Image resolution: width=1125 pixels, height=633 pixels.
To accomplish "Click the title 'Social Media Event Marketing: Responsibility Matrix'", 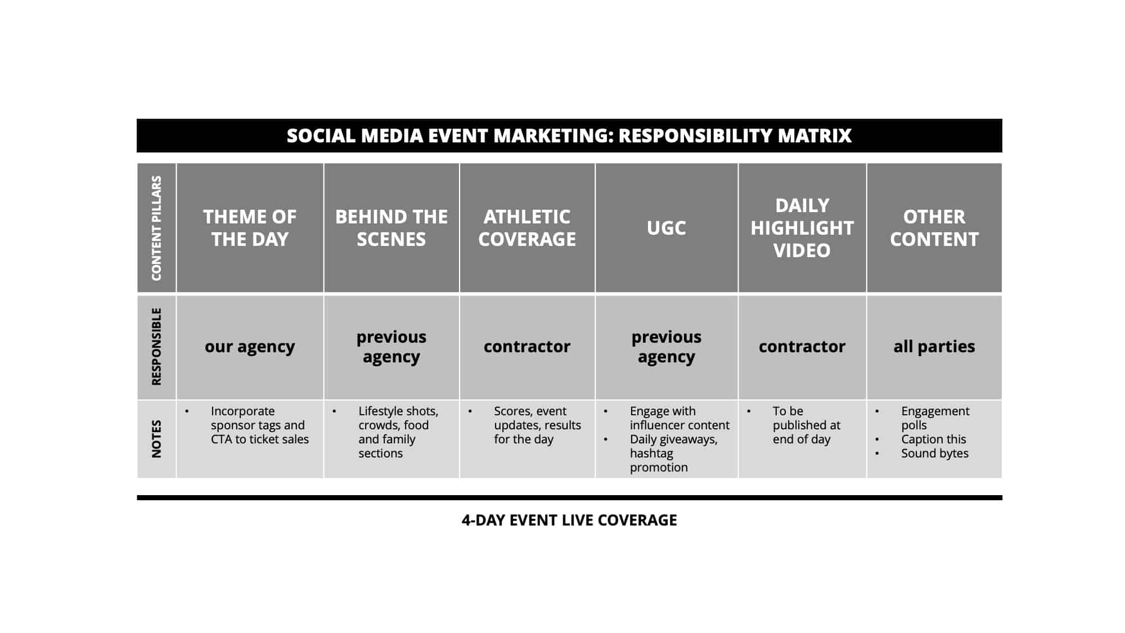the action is (x=569, y=136).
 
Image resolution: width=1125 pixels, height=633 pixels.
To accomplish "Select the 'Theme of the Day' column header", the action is (x=250, y=228).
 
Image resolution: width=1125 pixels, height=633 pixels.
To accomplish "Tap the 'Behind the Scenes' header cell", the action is (x=391, y=228).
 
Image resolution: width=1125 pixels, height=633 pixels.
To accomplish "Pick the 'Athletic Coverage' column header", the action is (x=527, y=228).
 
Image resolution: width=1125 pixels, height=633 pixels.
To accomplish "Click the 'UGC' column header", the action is (x=667, y=228).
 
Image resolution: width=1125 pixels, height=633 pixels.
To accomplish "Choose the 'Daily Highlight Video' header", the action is (x=802, y=228).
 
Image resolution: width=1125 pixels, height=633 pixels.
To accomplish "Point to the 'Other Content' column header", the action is (x=934, y=228).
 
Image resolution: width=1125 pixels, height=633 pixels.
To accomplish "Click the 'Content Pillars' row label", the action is (x=156, y=228).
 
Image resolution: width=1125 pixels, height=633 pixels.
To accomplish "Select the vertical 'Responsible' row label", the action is (x=156, y=347).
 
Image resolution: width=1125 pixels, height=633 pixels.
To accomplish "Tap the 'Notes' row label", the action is (x=156, y=439).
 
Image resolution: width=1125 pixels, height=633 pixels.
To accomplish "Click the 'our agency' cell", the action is (x=250, y=347).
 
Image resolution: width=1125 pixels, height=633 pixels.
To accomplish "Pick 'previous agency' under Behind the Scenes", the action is (x=391, y=347).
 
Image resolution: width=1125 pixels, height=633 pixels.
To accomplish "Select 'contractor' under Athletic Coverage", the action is (x=527, y=347).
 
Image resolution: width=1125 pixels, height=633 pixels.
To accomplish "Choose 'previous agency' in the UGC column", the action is (x=667, y=347).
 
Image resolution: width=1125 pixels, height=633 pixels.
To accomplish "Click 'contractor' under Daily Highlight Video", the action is (x=802, y=347).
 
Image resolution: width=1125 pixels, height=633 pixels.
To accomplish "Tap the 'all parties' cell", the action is (x=934, y=347).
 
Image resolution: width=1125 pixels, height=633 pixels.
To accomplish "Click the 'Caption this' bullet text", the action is (x=934, y=439).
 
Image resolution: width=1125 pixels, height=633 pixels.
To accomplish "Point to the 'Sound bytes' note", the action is (x=935, y=454).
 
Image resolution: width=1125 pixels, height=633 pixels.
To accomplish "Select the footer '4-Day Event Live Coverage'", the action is (x=569, y=520).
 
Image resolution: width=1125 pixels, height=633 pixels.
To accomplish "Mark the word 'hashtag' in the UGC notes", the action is (x=651, y=454).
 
